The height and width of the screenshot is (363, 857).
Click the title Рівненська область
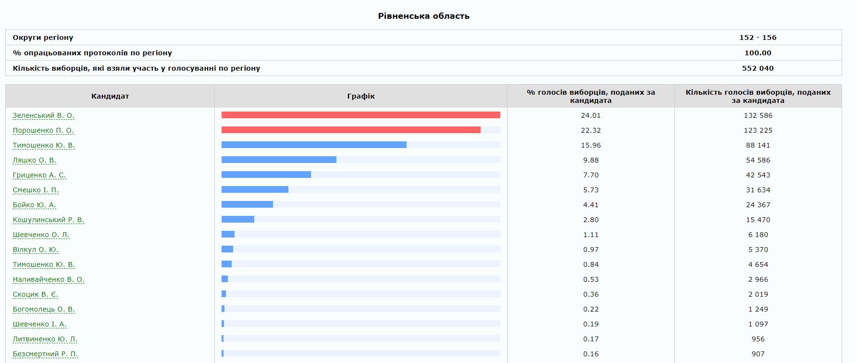(423, 16)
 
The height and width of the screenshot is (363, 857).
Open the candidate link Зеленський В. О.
(43, 115)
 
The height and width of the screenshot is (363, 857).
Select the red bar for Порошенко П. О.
(351, 130)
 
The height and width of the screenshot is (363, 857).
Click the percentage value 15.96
(591, 145)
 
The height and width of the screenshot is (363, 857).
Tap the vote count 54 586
(758, 160)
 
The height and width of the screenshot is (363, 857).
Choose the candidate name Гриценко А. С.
(39, 175)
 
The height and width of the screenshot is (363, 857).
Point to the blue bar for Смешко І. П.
(255, 189)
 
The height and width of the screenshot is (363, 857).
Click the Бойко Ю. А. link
(34, 205)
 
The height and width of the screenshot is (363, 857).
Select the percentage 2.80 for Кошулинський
(591, 220)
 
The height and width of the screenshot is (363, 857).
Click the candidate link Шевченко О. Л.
(41, 235)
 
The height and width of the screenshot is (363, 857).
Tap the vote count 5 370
(758, 250)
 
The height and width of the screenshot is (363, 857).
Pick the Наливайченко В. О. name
(48, 279)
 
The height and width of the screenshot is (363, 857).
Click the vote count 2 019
(758, 294)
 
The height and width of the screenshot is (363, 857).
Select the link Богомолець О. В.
(44, 309)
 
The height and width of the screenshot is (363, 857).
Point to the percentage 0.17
(591, 339)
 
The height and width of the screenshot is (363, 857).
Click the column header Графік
(360, 96)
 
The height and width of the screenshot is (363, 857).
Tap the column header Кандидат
(110, 96)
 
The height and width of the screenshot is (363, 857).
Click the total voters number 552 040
(758, 68)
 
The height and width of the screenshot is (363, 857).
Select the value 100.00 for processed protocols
(758, 53)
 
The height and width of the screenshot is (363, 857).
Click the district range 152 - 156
(758, 38)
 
